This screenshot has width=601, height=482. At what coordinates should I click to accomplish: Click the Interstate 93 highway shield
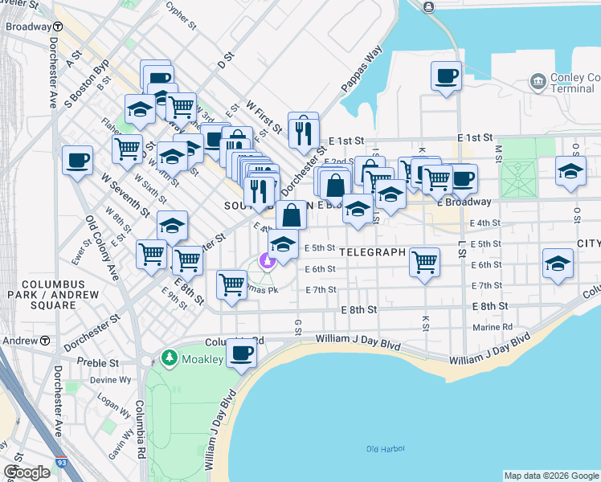(x=62, y=464)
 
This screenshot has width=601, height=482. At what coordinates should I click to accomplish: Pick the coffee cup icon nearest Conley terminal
(x=446, y=76)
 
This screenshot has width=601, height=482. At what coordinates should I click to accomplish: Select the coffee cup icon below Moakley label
(x=241, y=353)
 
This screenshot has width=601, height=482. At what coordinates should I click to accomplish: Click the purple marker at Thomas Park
(x=267, y=260)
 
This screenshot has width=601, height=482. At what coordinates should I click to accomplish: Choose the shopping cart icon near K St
(x=424, y=261)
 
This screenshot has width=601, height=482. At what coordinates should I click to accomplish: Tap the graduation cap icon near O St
(x=571, y=172)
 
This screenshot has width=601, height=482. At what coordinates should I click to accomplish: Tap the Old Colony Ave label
(x=102, y=248)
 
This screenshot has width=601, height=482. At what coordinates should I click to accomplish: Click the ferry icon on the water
(x=427, y=7)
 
